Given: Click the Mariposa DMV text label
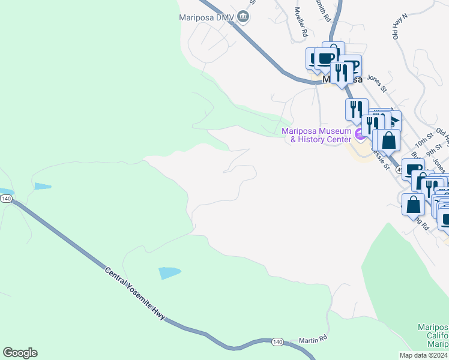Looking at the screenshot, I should tap(206, 17).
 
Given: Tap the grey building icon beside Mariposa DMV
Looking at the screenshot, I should tap(243, 16).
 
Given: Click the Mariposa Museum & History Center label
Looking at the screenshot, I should tap(316, 135).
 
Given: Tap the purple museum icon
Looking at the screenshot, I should tap(360, 134).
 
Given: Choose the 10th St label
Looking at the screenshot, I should tap(424, 143).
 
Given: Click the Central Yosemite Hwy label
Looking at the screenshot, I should tap(134, 293).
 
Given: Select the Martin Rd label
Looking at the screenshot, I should tap(313, 340).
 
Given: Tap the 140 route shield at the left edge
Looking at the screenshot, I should tap(5, 199).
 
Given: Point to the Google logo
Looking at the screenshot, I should tap(20, 353).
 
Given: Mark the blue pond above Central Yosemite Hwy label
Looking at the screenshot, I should tap(169, 273).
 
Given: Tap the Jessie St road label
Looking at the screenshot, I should tap(381, 159).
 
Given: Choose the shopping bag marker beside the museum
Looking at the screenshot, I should tap(389, 140).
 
